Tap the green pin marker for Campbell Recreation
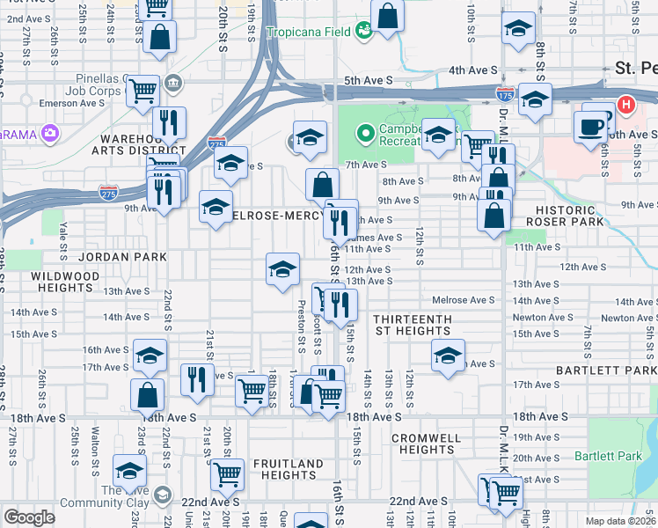pos(364,134)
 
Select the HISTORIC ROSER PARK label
pos(571,216)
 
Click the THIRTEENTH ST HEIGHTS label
pos(412,325)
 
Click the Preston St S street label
pos(301,326)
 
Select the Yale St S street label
pos(64,241)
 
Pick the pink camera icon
pos(50,134)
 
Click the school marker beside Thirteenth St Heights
pos(448,356)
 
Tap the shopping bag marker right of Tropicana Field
pos(387,16)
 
